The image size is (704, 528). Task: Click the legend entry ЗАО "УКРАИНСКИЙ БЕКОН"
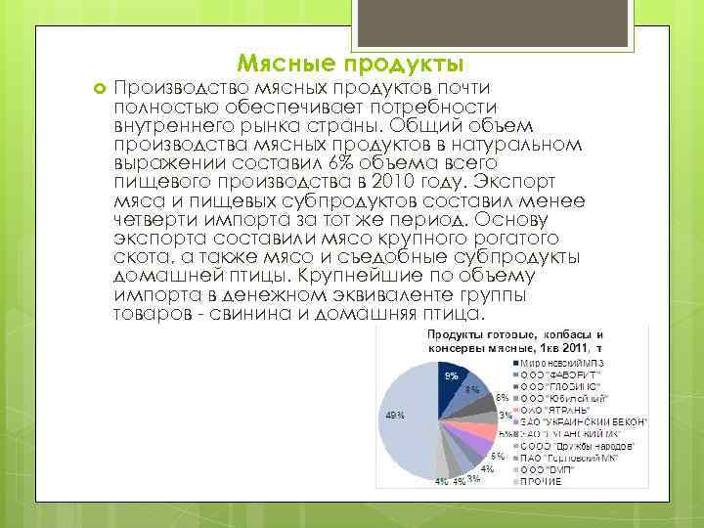[584, 421]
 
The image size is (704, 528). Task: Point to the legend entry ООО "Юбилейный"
[567, 398]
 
